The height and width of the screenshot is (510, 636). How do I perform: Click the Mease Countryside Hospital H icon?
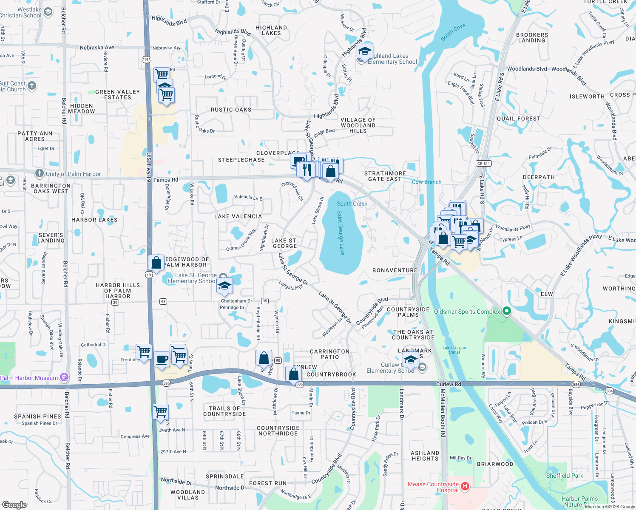click(x=465, y=486)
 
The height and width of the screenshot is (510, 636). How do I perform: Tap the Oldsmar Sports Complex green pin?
click(x=506, y=311)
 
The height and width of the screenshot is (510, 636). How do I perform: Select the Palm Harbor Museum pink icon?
click(x=64, y=377)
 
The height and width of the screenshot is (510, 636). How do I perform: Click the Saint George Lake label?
click(x=341, y=232)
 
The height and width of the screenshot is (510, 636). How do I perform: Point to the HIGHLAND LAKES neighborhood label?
click(x=271, y=30)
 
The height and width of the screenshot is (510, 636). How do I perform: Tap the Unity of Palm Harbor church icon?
click(x=40, y=173)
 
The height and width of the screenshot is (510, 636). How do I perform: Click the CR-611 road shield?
click(x=483, y=164)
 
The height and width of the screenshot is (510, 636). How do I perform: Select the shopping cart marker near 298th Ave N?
click(x=161, y=411)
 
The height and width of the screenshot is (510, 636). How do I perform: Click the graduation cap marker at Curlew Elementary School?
click(x=411, y=360)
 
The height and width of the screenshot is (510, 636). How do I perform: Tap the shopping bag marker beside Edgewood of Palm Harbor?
click(x=156, y=263)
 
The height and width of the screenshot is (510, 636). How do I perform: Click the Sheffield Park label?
click(x=565, y=476)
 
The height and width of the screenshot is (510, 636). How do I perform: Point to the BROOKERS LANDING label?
click(x=532, y=37)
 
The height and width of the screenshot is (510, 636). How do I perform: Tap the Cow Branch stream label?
click(x=426, y=182)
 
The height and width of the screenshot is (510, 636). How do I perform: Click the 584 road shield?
click(x=610, y=391)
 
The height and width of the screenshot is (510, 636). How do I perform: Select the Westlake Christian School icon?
click(x=48, y=12)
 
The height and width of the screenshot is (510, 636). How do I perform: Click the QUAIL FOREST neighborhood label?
click(x=518, y=119)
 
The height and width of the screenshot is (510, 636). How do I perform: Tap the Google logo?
click(x=14, y=504)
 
